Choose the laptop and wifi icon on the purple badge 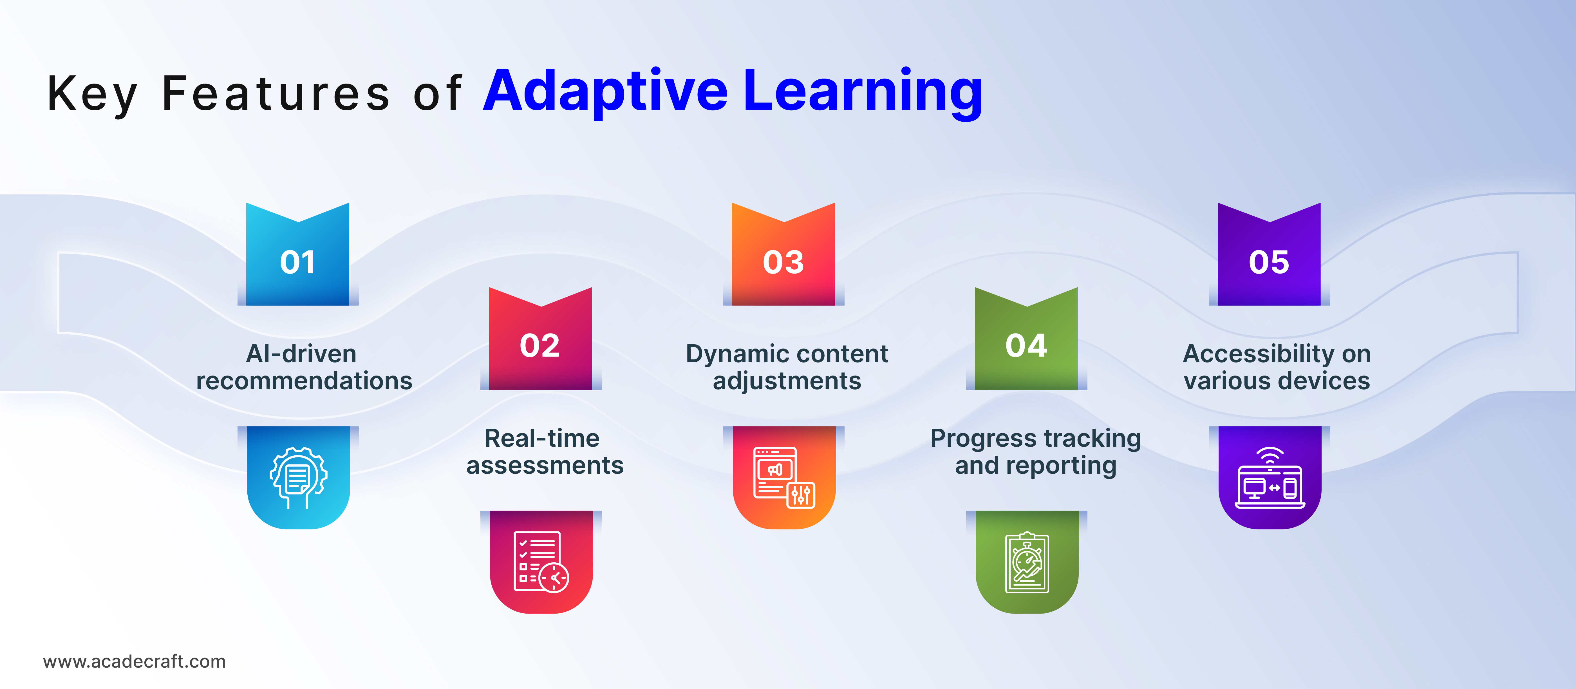tap(1270, 478)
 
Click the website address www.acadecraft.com tap(134, 661)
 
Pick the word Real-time tap(542, 438)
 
